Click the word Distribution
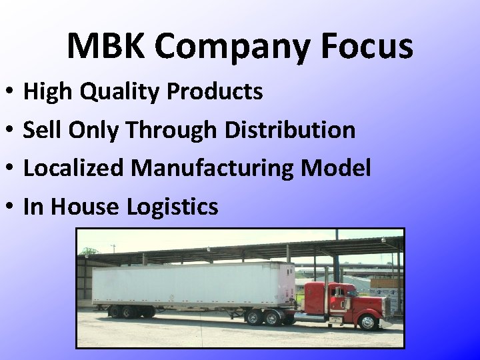290,130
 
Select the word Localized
73,168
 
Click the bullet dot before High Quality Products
14,92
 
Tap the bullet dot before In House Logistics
14,207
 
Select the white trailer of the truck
193,283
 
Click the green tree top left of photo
89,252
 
